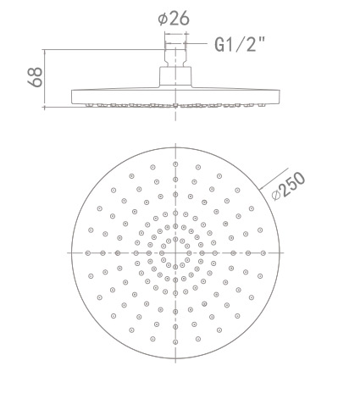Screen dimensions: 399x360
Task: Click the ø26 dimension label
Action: pos(175,16)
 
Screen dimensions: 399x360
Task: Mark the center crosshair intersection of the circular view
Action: pos(175,252)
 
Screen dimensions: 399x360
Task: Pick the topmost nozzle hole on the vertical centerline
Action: pos(175,163)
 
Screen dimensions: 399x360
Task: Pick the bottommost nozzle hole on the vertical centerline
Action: pos(175,342)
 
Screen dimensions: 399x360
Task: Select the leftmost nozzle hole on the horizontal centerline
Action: pos(87,252)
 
